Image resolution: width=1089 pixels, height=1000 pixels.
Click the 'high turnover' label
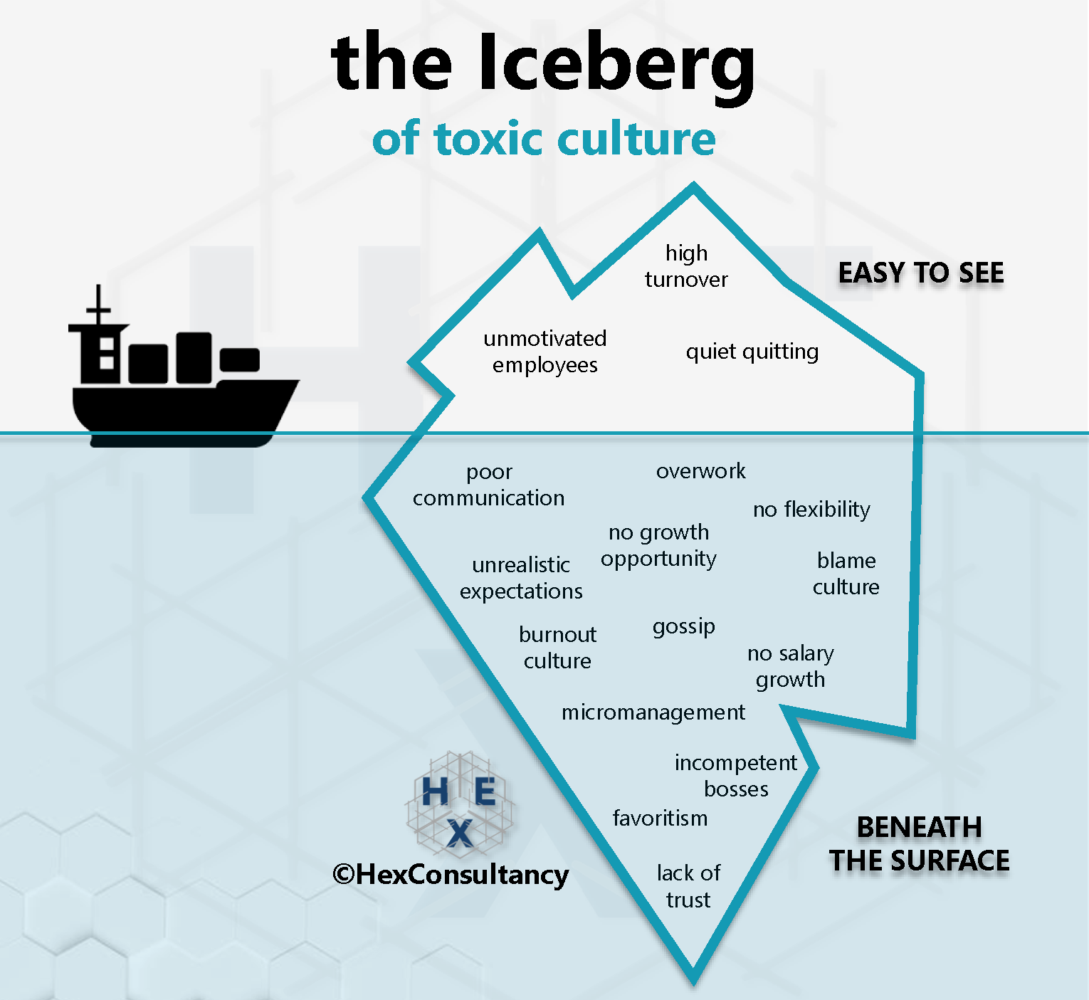(x=686, y=266)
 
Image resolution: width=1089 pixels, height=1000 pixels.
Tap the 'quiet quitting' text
(x=752, y=352)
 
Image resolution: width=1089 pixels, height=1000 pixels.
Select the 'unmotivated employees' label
(x=545, y=352)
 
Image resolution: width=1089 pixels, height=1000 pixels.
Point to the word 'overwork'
(x=701, y=471)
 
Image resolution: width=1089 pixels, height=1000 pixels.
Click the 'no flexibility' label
(x=811, y=510)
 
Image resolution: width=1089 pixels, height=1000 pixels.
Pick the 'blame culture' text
(x=846, y=574)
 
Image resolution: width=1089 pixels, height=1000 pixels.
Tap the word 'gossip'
(x=684, y=627)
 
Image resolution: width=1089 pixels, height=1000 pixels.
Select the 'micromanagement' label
(x=653, y=712)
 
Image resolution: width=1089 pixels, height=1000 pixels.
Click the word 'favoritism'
(x=661, y=819)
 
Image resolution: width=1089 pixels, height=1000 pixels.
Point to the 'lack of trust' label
(x=688, y=886)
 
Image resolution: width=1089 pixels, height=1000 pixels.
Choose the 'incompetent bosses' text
(x=736, y=776)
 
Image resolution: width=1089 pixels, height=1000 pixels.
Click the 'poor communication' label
(x=489, y=485)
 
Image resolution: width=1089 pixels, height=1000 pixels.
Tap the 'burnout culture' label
(x=558, y=648)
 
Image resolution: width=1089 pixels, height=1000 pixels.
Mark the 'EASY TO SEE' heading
(x=921, y=273)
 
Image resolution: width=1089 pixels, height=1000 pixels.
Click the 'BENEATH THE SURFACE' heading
(x=919, y=844)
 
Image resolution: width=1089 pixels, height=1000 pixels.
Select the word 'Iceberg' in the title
(x=616, y=64)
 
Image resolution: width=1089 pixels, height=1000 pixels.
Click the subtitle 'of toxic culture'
(x=544, y=138)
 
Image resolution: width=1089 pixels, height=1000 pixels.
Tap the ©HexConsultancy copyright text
(x=451, y=874)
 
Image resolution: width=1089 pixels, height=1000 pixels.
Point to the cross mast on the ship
(x=98, y=307)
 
